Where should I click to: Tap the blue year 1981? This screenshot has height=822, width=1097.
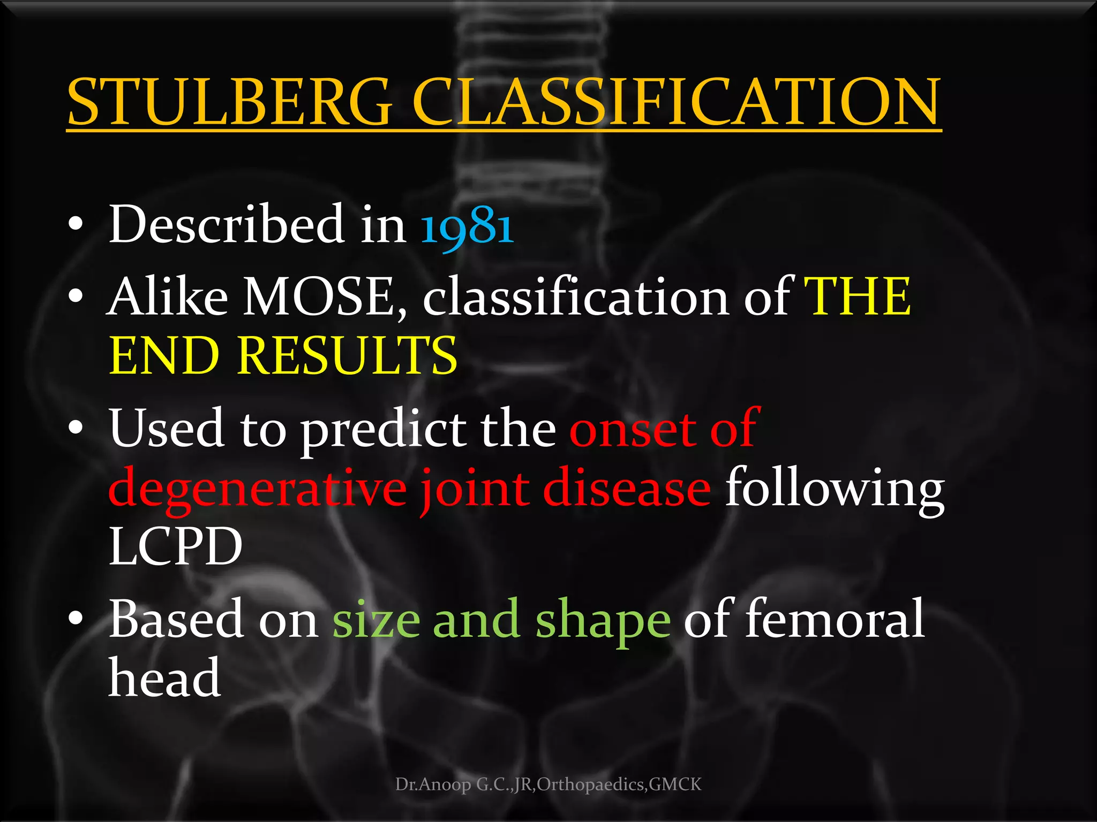click(x=467, y=225)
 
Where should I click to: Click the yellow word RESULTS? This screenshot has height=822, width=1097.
click(x=347, y=356)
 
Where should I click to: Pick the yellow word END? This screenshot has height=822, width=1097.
click(x=164, y=356)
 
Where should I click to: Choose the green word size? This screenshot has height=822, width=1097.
click(x=376, y=620)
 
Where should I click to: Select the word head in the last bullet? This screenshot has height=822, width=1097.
click(x=165, y=678)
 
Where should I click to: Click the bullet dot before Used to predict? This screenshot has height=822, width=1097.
click(x=76, y=428)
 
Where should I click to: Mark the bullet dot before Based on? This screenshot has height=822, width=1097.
click(x=76, y=619)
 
